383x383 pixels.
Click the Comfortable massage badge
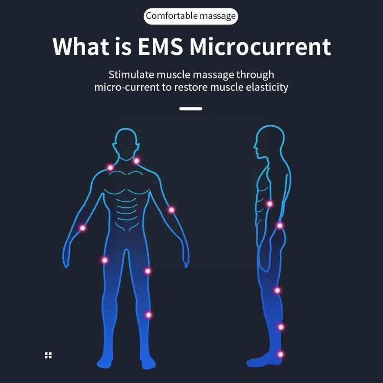(191, 16)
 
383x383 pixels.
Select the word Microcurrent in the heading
(260, 47)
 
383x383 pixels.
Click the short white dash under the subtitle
(191, 109)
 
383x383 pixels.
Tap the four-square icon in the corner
(48, 355)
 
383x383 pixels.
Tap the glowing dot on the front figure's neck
(136, 161)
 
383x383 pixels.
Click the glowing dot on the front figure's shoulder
(110, 167)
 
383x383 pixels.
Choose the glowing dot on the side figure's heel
(280, 354)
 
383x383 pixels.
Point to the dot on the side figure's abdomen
(269, 204)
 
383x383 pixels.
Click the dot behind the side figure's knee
(277, 290)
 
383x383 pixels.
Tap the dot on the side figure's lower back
(280, 226)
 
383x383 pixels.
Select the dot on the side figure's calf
(281, 327)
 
